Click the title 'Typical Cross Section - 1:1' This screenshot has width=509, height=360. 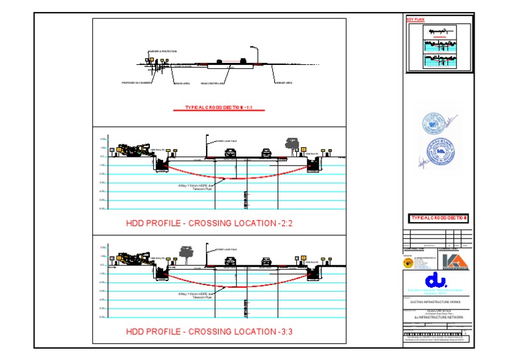[x=219, y=107]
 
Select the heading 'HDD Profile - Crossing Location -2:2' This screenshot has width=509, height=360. [x=209, y=223]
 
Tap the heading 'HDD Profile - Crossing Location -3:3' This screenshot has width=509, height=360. [x=209, y=331]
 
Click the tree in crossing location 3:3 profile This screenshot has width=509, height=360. [x=186, y=253]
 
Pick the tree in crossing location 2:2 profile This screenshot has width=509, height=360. [x=291, y=143]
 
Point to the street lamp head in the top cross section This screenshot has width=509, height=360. [x=254, y=47]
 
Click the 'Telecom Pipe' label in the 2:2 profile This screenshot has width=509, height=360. [x=204, y=189]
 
